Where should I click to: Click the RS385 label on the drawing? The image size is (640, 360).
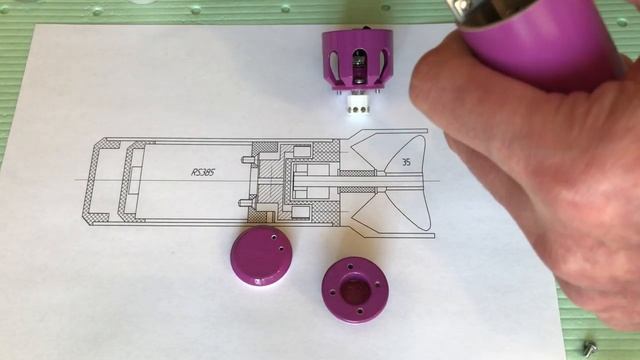(204, 172)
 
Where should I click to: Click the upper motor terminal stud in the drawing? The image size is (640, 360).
(246, 158)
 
